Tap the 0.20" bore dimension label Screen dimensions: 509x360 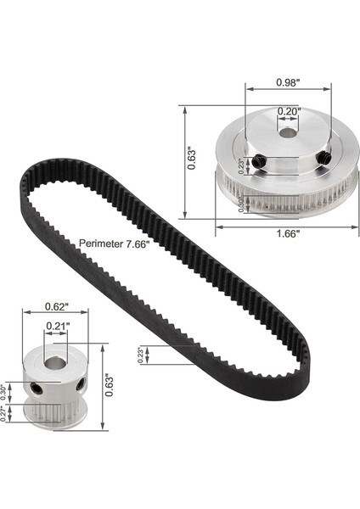point(286,111)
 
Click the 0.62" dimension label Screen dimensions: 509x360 point(55,307)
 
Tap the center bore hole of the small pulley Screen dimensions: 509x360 point(56,365)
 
